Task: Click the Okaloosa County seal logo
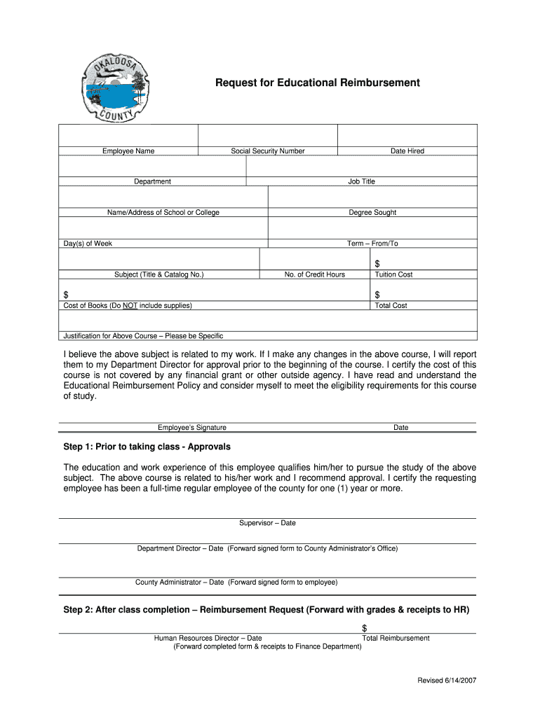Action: tap(112, 87)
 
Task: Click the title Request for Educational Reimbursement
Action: tap(317, 83)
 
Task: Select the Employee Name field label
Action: tap(128, 151)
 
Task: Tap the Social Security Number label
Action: tap(268, 151)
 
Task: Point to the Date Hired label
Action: tap(407, 151)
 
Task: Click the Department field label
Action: tap(152, 182)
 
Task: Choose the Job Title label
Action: tap(362, 182)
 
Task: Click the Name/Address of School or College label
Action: tap(163, 213)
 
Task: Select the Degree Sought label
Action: tap(372, 213)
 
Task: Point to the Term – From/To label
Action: tap(372, 244)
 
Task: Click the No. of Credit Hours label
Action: tap(315, 274)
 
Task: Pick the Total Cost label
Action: tap(391, 305)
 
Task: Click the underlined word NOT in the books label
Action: tap(131, 305)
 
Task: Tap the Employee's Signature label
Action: tap(192, 428)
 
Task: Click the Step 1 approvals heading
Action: tap(147, 447)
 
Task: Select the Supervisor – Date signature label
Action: tap(267, 523)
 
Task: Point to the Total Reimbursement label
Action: tap(396, 638)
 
